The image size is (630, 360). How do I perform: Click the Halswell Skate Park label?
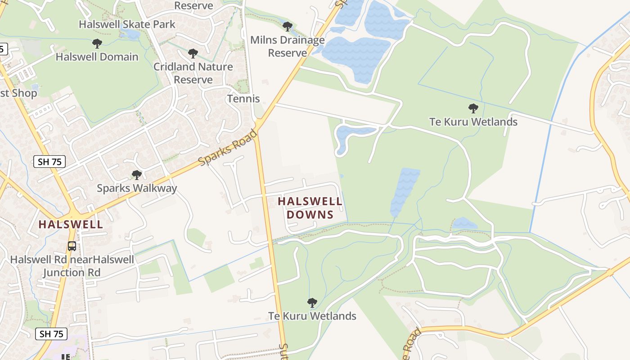[x=127, y=24]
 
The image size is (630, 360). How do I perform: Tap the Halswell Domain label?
[x=97, y=57]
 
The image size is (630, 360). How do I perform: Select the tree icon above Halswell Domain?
[x=97, y=44]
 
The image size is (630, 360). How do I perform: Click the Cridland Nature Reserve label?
[x=193, y=73]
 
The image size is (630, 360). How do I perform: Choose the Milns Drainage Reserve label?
[x=288, y=46]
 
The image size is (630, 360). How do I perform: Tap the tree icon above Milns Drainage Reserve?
[x=288, y=27]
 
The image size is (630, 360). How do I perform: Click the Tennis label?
[x=243, y=99]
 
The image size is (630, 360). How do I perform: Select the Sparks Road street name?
[x=228, y=148]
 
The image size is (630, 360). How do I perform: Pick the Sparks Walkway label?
[x=137, y=188]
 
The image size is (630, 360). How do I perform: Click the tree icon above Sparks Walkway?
[x=137, y=175]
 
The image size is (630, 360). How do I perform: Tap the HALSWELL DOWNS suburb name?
[x=310, y=208]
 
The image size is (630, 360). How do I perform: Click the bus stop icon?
[x=72, y=246]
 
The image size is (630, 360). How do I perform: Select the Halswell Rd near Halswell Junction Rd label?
[x=72, y=266]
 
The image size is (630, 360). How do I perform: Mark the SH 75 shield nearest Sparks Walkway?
[x=49, y=162]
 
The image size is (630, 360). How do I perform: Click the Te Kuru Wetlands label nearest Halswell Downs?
[x=312, y=316]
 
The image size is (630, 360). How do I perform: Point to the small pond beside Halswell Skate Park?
[x=131, y=34]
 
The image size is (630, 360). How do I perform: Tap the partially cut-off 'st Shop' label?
[x=18, y=93]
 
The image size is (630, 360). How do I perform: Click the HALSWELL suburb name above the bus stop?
[x=71, y=224]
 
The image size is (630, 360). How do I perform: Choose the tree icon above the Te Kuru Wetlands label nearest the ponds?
[x=473, y=108]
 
